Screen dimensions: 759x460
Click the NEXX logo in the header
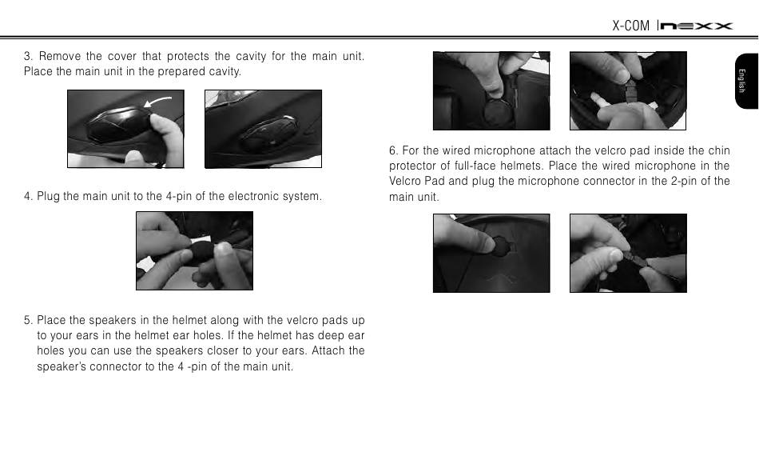[x=697, y=26]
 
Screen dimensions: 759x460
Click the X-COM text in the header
[x=630, y=26]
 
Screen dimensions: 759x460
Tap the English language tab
[x=746, y=81]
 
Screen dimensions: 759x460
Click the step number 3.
[x=28, y=56]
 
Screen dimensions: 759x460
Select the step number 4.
[x=28, y=196]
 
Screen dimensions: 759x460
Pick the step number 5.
[x=28, y=321]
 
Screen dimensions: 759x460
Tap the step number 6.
[x=393, y=150]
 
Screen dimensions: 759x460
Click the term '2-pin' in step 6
[x=684, y=182]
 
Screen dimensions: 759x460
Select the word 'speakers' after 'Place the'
[x=113, y=321]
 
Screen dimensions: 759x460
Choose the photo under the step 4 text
[x=195, y=250]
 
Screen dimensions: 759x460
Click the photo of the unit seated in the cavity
[x=264, y=129]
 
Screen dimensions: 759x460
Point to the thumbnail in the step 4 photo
[x=223, y=248]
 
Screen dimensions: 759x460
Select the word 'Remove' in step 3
[x=60, y=56]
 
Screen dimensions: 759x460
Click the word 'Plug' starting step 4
[x=49, y=196]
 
